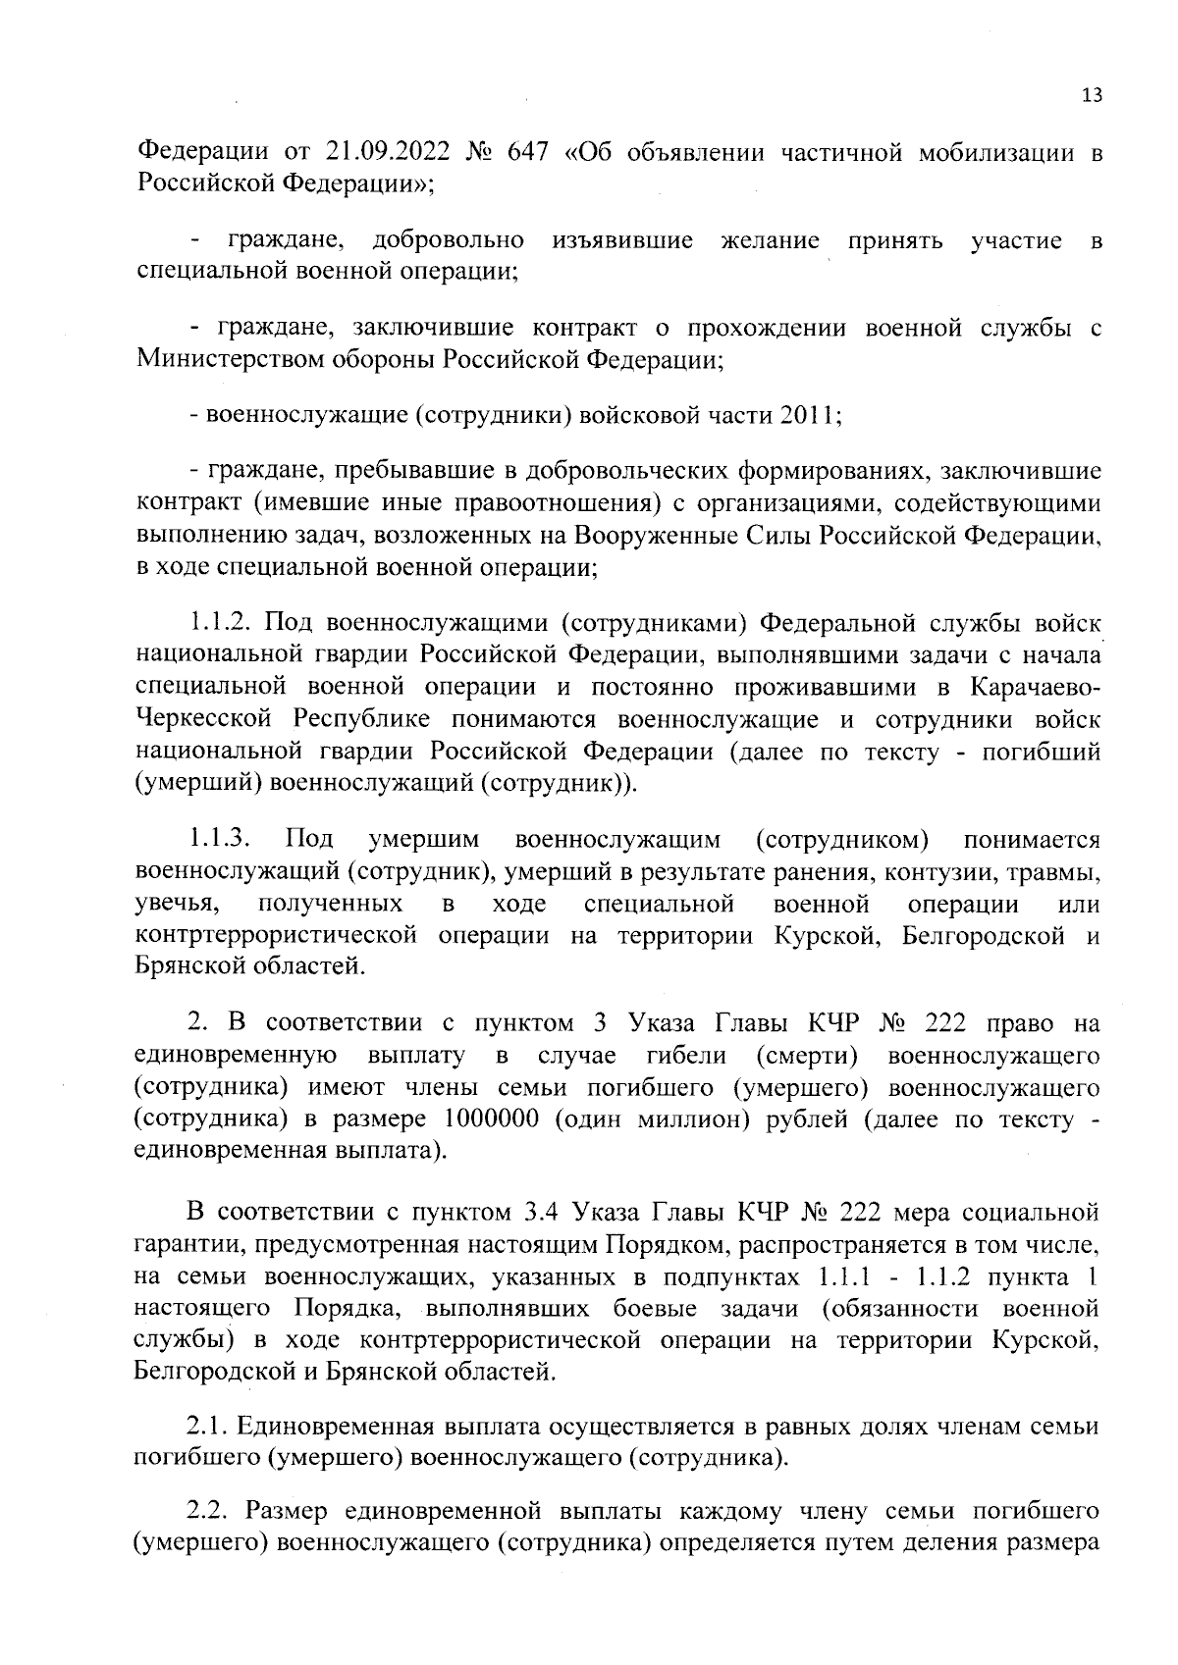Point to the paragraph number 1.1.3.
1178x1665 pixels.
tap(223, 840)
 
